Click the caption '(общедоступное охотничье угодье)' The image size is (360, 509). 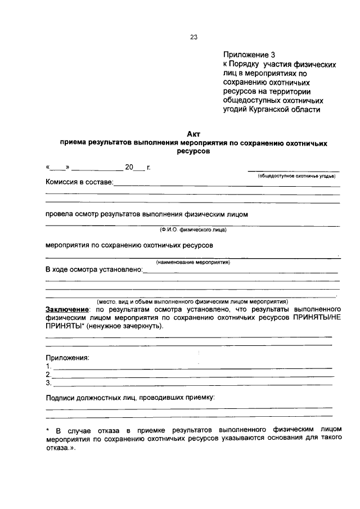click(x=296, y=176)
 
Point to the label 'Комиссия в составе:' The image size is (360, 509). click(x=79, y=182)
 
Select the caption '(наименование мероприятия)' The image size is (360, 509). click(x=193, y=263)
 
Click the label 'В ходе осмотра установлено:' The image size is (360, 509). click(x=94, y=269)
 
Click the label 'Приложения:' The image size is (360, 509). click(x=67, y=358)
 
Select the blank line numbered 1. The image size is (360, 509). click(x=191, y=368)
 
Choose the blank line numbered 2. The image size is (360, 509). click(x=191, y=376)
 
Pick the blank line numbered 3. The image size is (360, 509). click(x=191, y=385)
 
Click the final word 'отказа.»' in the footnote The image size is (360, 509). click(x=60, y=449)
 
